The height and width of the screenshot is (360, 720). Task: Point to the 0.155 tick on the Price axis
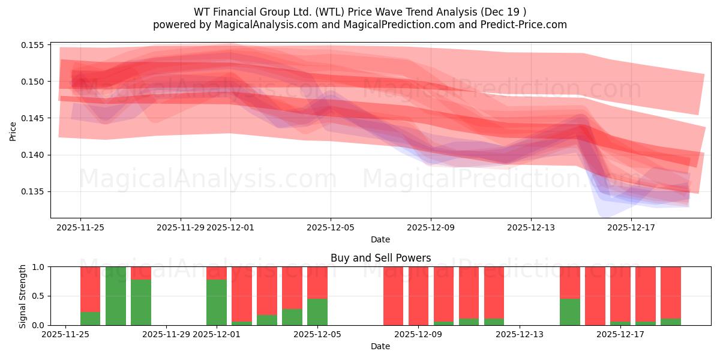click(34, 45)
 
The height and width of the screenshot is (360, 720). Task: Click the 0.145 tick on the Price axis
click(34, 118)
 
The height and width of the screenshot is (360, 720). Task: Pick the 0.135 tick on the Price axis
click(34, 192)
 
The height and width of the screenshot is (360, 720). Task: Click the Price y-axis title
click(13, 131)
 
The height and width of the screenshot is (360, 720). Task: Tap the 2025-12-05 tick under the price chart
click(330, 227)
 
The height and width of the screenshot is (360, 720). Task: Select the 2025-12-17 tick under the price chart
click(631, 227)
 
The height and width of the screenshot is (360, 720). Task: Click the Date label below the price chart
click(380, 239)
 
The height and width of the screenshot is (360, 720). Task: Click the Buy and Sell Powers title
click(380, 258)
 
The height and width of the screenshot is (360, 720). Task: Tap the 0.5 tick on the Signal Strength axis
click(37, 296)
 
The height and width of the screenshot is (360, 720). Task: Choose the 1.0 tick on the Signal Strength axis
click(37, 267)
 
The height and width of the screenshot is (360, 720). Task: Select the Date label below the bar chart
click(380, 346)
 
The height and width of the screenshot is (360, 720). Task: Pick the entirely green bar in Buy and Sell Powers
click(116, 296)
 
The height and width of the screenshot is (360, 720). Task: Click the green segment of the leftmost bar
click(91, 319)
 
